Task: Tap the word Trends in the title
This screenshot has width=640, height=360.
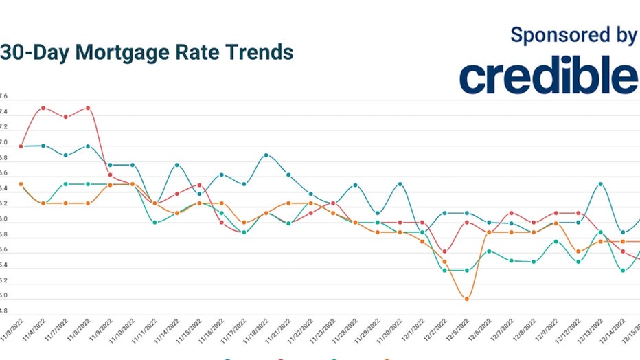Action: pos(259,52)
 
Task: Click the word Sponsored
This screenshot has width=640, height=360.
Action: pos(553,36)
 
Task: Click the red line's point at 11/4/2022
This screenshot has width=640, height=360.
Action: pos(43,108)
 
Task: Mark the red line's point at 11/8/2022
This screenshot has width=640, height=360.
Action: pos(88,108)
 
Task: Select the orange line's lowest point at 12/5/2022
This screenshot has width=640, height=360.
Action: pos(467,299)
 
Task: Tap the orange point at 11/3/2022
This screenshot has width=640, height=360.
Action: pos(21,184)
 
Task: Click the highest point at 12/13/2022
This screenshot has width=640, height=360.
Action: pos(601,184)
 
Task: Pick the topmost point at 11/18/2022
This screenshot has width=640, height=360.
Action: pos(266,155)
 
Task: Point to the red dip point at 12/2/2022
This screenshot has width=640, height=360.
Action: pos(445,251)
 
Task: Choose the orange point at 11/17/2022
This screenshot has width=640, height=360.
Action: pos(244,223)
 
